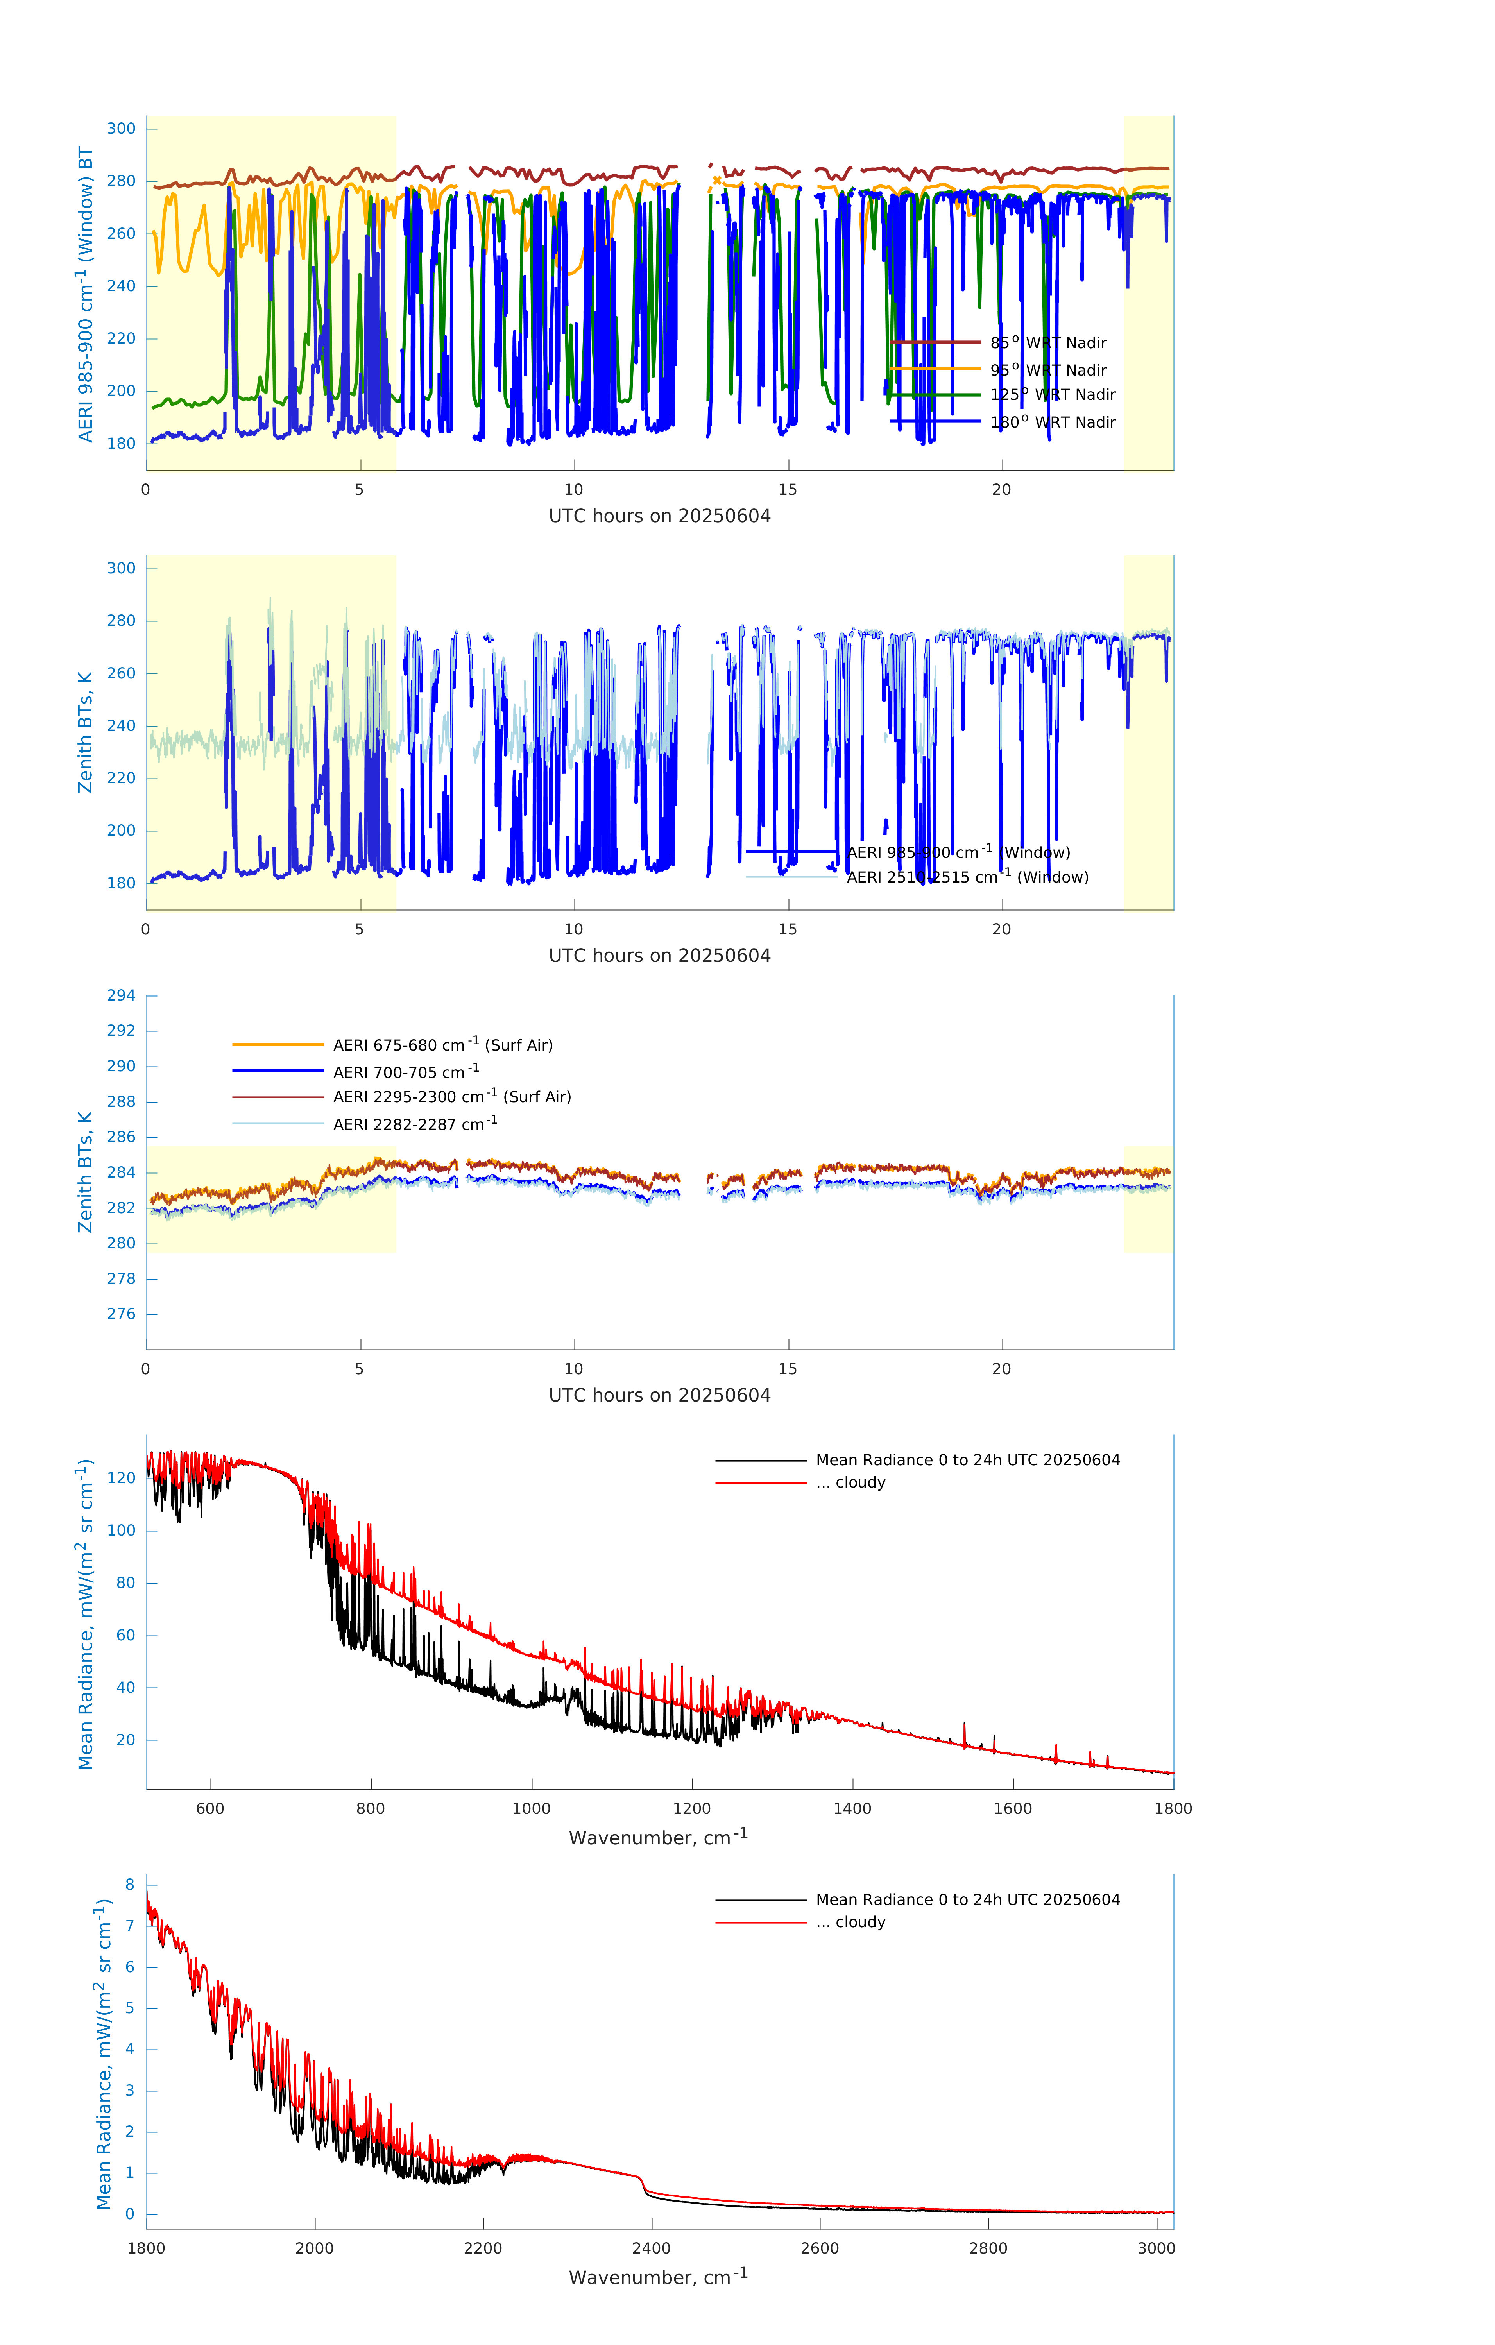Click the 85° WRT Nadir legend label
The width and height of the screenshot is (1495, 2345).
tap(1048, 343)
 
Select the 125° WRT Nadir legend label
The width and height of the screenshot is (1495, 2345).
tap(1053, 394)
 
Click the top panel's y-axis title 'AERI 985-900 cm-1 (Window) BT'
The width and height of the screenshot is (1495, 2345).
tap(86, 294)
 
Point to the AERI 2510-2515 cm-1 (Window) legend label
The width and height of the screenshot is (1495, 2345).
tap(967, 877)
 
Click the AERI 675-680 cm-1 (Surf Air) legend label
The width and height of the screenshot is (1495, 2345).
tap(442, 1045)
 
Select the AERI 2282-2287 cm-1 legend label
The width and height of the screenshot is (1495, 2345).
tap(415, 1124)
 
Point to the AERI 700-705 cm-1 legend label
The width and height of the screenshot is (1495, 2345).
tap(405, 1072)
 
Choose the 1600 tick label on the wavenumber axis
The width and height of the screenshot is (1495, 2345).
tap(1013, 1808)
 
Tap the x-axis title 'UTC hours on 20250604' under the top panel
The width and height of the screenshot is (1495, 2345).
tap(659, 516)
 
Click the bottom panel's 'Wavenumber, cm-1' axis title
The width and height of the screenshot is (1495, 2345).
tap(658, 2277)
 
